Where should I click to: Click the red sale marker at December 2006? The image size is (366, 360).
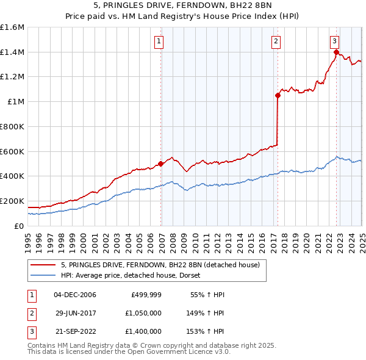pyautogui.click(x=161, y=164)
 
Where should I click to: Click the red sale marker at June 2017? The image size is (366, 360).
pyautogui.click(x=278, y=95)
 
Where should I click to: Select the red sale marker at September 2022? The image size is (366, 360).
pyautogui.click(x=336, y=52)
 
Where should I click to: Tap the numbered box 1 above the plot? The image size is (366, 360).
pyautogui.click(x=159, y=41)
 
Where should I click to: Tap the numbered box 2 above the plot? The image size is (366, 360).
pyautogui.click(x=276, y=41)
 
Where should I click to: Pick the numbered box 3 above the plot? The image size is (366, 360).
pyautogui.click(x=335, y=41)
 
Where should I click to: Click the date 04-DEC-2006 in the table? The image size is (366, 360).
pyautogui.click(x=75, y=295)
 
